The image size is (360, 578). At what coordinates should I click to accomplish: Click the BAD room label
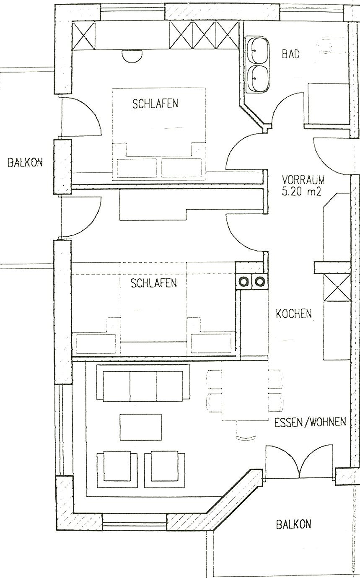coord(290,54)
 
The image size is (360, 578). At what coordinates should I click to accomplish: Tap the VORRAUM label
coord(303,179)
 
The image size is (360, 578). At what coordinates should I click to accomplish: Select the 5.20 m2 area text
coord(301,192)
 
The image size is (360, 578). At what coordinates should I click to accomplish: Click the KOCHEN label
coord(294,314)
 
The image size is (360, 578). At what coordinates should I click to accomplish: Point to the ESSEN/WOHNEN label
coord(310,422)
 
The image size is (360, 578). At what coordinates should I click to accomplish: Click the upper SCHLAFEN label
coord(155,104)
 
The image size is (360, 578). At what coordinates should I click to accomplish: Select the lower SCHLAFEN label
coord(154,283)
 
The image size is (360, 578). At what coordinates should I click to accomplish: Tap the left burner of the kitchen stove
coord(243,281)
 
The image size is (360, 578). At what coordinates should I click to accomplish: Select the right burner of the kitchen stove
coord(259,281)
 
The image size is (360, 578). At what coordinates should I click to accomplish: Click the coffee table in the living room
coord(141,427)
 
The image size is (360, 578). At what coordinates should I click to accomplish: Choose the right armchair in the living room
coord(165,469)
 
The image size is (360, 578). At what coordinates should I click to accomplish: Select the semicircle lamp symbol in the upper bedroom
coord(132,54)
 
